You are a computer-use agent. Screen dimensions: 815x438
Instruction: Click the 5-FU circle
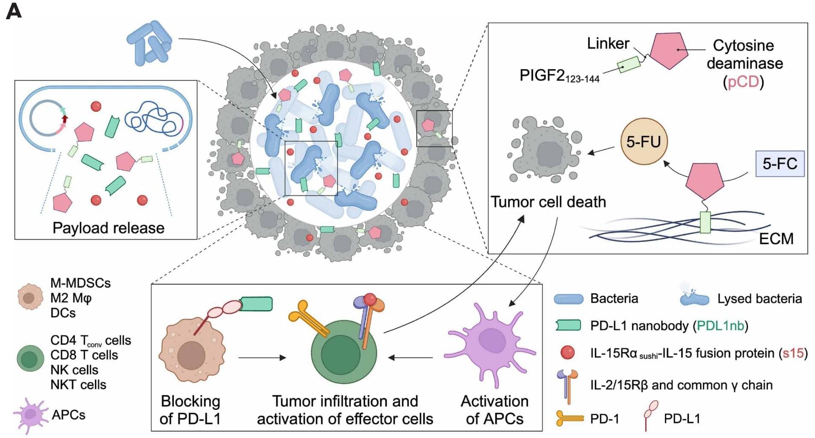pyautogui.click(x=643, y=142)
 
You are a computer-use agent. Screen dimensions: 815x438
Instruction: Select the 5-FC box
pyautogui.click(x=780, y=164)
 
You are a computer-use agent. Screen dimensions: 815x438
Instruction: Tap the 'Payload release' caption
pyautogui.click(x=109, y=228)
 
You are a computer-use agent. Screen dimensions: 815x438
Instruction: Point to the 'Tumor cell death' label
pyautogui.click(x=548, y=201)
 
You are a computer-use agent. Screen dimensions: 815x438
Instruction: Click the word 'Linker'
pyautogui.click(x=608, y=43)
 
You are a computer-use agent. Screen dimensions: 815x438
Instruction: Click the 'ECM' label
pyautogui.click(x=776, y=239)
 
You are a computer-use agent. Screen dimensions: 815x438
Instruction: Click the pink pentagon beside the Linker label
pyautogui.click(x=669, y=50)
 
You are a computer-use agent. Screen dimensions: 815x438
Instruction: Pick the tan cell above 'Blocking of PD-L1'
pyautogui.click(x=192, y=350)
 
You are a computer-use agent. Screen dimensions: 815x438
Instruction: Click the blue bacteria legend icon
pyautogui.click(x=568, y=299)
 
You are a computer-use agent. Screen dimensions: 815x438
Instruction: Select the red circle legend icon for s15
pyautogui.click(x=568, y=353)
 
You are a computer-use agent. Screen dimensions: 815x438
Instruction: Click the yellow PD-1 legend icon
pyautogui.click(x=570, y=418)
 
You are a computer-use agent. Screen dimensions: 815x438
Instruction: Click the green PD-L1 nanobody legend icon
pyautogui.click(x=568, y=326)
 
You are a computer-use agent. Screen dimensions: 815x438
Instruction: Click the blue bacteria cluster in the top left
pyautogui.click(x=149, y=43)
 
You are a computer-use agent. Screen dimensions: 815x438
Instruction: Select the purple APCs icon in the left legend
pyautogui.click(x=31, y=415)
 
